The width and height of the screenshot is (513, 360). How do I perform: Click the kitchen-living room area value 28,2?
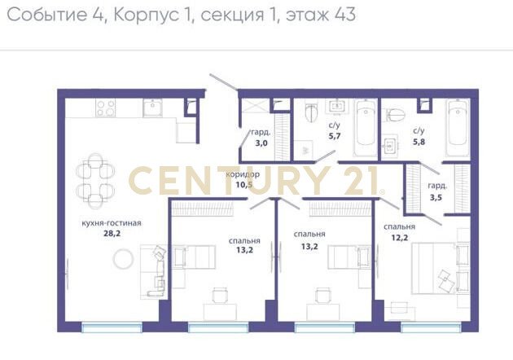[112, 233]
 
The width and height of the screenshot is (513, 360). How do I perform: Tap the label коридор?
[243, 174]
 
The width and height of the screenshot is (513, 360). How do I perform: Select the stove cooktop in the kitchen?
[106, 108]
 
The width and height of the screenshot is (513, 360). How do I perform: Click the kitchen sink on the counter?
[153, 108]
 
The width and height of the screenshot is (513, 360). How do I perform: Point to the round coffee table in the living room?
[123, 259]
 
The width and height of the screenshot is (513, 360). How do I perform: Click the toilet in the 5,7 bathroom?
[311, 112]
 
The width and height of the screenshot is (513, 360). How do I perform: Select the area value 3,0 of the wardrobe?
[261, 143]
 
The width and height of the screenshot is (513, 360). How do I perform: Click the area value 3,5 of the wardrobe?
[436, 198]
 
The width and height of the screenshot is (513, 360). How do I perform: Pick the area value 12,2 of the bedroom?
[400, 237]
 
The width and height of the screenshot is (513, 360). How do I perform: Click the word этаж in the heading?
[308, 15]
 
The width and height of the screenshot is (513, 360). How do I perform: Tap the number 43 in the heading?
[345, 15]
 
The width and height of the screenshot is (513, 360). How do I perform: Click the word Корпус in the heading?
[147, 15]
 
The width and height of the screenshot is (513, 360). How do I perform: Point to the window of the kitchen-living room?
[112, 327]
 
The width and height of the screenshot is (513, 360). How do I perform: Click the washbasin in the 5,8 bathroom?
[390, 147]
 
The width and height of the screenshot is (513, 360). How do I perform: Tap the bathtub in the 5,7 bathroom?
[366, 128]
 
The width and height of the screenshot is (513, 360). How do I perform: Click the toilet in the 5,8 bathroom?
[396, 115]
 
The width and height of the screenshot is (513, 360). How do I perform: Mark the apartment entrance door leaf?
[224, 81]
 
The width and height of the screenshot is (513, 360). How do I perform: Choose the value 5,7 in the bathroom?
[335, 135]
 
